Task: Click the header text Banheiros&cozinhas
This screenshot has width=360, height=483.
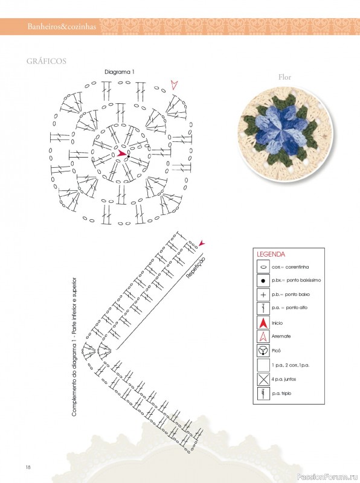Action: [x=62, y=27]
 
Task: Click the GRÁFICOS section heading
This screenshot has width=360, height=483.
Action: [x=47, y=61]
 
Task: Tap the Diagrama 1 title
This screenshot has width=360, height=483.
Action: [x=120, y=72]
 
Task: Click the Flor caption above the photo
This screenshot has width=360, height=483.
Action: [x=284, y=77]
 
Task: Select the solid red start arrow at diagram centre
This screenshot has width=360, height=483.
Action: [x=121, y=153]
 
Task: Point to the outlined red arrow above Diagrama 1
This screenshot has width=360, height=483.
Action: [x=175, y=85]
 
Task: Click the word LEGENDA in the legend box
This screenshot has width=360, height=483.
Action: [x=271, y=254]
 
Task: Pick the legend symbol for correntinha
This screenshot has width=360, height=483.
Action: [x=263, y=267]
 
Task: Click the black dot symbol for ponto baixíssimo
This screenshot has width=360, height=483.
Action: [x=263, y=281]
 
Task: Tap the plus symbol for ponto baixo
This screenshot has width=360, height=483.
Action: [x=263, y=295]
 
